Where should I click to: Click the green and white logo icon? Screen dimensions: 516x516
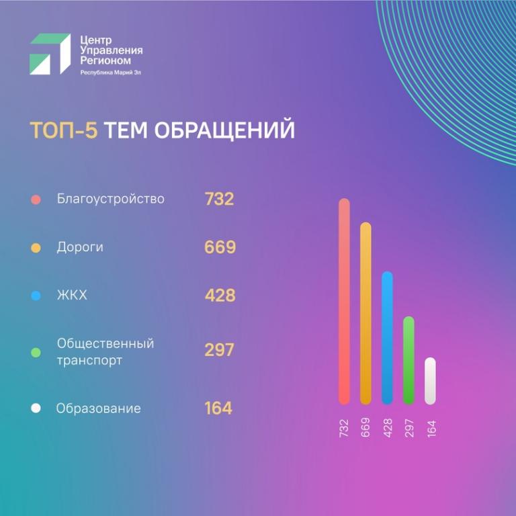[x=50, y=54]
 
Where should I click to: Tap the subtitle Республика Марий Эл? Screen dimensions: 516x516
[x=110, y=72]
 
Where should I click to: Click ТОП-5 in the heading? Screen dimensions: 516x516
[x=64, y=130]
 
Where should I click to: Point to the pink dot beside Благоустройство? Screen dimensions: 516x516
[x=36, y=200]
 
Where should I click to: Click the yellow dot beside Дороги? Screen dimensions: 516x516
[x=36, y=248]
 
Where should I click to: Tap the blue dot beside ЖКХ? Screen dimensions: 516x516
[x=36, y=296]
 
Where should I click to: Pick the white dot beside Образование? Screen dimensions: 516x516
[x=36, y=408]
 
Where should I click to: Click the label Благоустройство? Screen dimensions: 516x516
[x=111, y=199]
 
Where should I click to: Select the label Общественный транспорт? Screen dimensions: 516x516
[x=105, y=351]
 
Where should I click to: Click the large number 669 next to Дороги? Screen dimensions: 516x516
[x=220, y=247]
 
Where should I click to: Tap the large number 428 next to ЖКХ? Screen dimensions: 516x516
[x=220, y=296]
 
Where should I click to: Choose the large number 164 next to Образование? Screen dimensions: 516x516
[x=218, y=408]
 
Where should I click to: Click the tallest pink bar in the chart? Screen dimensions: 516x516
[x=344, y=302]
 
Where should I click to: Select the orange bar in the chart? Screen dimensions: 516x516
[x=365, y=313]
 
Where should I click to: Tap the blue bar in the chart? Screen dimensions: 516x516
[x=387, y=337]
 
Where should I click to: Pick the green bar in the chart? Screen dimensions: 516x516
[x=408, y=360]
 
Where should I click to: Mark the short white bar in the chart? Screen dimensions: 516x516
[x=430, y=380]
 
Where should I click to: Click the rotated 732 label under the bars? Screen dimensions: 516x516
[x=344, y=428]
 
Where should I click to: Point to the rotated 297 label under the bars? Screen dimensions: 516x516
[x=408, y=428]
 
